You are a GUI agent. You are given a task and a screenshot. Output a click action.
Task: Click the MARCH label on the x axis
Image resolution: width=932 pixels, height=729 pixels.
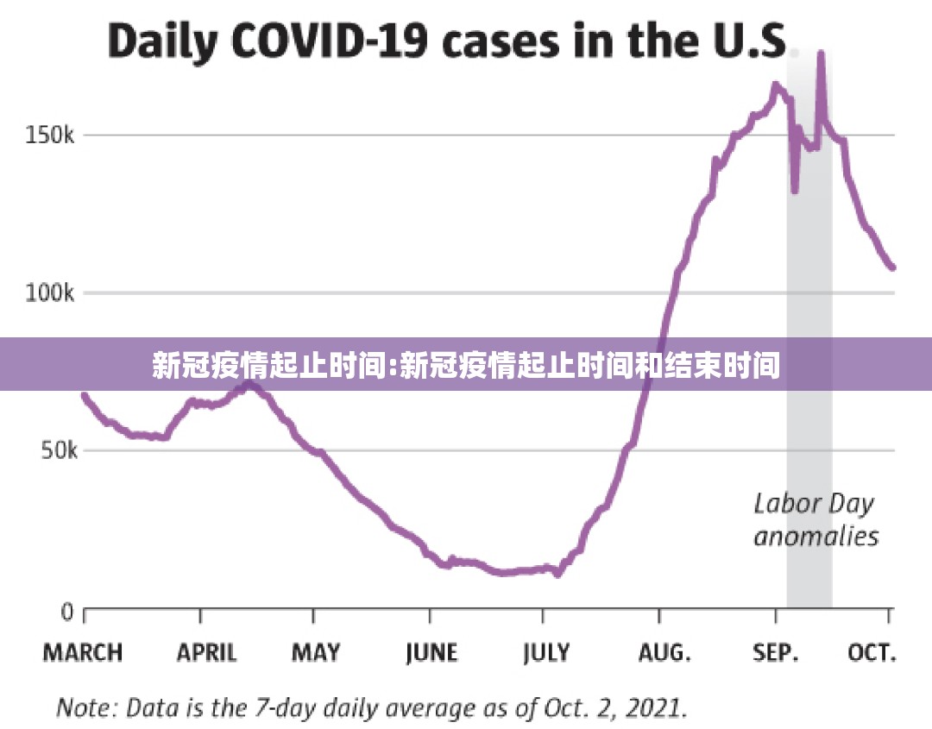[84, 653]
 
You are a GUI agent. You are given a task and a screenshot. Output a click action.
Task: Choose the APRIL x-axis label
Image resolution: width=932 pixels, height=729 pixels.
[206, 653]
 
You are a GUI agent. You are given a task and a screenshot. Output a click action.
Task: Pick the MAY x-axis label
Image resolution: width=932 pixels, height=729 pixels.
[315, 653]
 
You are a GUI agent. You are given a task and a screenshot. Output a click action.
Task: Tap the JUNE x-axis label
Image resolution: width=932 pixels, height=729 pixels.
[431, 653]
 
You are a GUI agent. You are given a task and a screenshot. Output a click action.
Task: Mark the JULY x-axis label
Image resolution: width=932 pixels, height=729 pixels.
[546, 653]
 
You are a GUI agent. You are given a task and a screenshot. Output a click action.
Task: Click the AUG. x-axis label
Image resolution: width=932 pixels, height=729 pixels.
[664, 653]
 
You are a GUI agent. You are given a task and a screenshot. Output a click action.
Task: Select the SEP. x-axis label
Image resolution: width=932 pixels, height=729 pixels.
[776, 653]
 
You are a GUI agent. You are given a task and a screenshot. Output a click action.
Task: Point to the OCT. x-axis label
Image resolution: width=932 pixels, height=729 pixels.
[872, 653]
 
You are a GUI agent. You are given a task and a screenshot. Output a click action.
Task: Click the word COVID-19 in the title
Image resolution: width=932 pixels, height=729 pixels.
[319, 42]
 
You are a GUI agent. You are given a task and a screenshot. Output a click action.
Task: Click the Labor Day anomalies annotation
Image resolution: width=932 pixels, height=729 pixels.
[815, 520]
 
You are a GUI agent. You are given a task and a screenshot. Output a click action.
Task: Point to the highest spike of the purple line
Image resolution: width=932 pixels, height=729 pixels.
[821, 54]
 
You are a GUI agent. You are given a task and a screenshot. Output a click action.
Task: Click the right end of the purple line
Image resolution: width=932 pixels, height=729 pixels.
[892, 267]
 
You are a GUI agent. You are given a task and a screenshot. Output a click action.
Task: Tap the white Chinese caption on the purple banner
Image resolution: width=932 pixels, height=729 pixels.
[466, 366]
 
